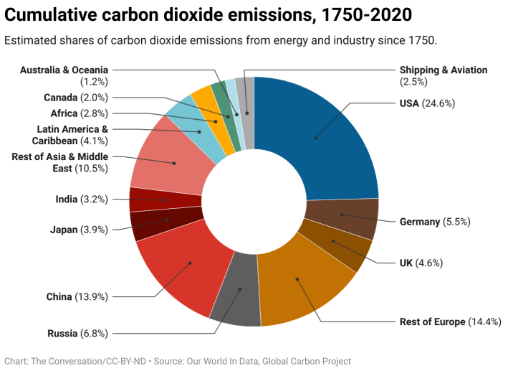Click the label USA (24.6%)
coord(427,103)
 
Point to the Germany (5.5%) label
coord(434,222)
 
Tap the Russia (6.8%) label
coord(77,333)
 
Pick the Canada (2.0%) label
coord(75,98)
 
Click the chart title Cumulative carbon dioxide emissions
coord(209,15)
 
